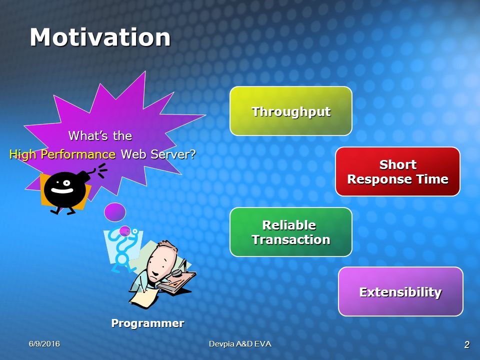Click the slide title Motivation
(x=100, y=37)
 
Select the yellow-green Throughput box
(x=291, y=111)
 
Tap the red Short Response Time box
(x=397, y=171)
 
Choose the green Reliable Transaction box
(x=291, y=232)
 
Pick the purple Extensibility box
(x=400, y=291)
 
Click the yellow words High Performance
(x=62, y=154)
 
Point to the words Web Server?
(x=158, y=154)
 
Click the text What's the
(x=100, y=135)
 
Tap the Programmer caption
(x=147, y=323)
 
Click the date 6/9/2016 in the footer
(x=44, y=344)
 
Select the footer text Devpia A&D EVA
(x=240, y=344)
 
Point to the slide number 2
(x=467, y=344)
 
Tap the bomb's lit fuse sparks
(x=102, y=170)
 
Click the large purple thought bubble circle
(x=115, y=212)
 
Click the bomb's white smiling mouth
(x=62, y=190)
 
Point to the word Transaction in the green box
(x=291, y=239)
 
